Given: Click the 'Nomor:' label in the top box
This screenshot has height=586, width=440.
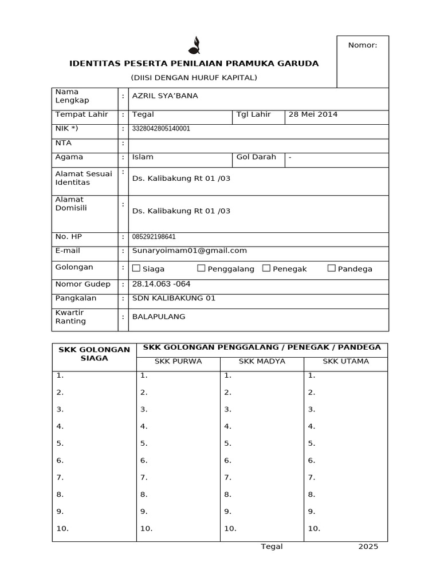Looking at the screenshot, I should click(x=363, y=45).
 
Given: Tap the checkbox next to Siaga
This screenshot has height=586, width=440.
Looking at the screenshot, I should click(x=136, y=268).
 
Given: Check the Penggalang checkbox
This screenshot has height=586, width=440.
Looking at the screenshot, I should click(x=201, y=268).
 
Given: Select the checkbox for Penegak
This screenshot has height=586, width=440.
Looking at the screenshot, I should click(x=266, y=268).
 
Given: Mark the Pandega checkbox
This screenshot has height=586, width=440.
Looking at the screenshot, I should click(x=332, y=268).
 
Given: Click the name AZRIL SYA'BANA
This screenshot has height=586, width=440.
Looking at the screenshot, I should click(x=165, y=96).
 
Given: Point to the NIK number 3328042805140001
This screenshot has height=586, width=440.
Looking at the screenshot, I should click(x=161, y=129).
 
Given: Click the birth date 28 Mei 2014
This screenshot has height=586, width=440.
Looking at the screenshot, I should click(x=313, y=114).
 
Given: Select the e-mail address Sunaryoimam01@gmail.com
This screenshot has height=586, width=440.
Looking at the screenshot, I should click(x=190, y=250).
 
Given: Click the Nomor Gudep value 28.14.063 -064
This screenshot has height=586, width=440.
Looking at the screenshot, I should click(x=162, y=284).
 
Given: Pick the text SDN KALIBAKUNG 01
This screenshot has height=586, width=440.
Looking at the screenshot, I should click(x=174, y=298).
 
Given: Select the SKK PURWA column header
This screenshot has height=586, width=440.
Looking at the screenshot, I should click(x=178, y=361).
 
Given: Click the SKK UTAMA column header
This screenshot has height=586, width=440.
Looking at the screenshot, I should click(x=345, y=361).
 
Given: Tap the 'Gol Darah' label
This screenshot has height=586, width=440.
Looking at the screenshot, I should click(x=256, y=157).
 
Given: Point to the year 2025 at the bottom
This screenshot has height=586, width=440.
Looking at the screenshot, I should click(x=368, y=547).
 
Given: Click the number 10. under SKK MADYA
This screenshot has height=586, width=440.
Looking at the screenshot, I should click(x=230, y=528).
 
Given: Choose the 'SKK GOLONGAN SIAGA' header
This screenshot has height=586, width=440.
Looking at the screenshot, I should click(x=94, y=354).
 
